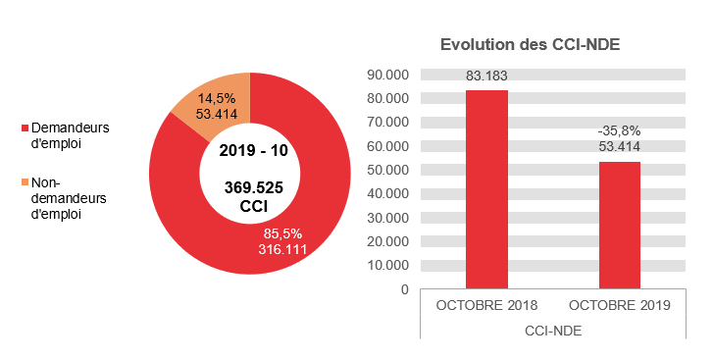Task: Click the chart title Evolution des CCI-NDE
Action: pos(531,45)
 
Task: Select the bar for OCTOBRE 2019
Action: pos(619,225)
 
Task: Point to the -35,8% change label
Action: pos(619,130)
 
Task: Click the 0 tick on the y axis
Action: pos(403,289)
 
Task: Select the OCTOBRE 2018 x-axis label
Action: pos(486,305)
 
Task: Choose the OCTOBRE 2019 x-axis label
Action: pos(619,305)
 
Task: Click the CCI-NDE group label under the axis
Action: pos(552,331)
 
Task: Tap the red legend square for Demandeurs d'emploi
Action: pos(25,129)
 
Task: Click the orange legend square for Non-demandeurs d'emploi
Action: pos(25,182)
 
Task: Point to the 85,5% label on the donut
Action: pos(282,233)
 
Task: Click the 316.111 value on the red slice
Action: pos(282,249)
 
